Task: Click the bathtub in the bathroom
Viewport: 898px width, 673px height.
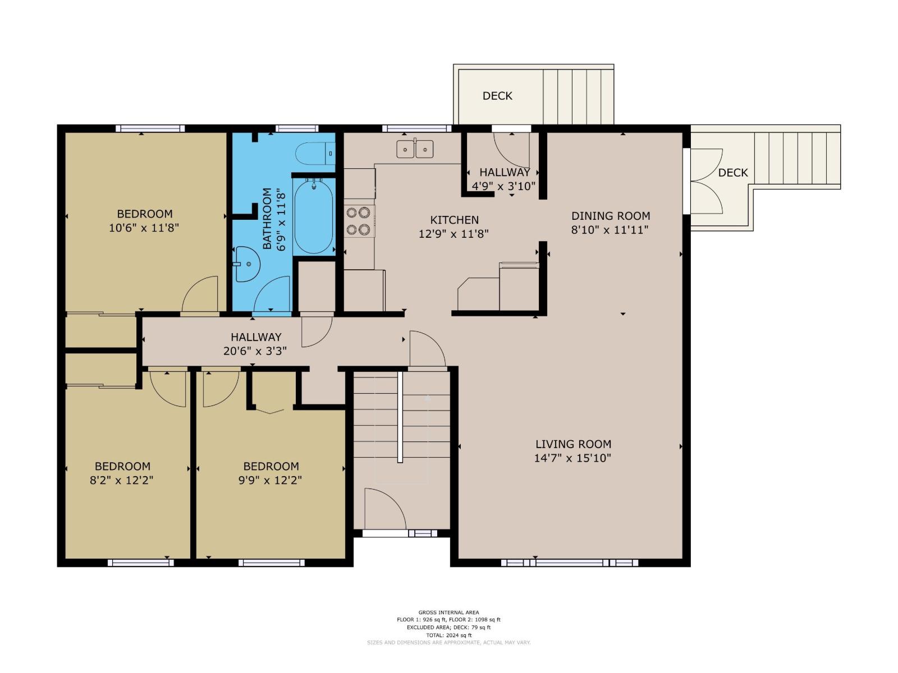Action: [x=313, y=217]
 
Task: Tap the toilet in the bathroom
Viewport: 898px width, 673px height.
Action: [x=315, y=153]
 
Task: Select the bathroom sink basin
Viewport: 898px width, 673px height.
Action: [x=247, y=264]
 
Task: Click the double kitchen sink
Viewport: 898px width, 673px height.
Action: [x=414, y=149]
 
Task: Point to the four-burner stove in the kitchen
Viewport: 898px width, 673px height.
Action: [x=359, y=221]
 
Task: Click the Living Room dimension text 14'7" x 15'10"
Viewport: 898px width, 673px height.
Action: [x=572, y=458]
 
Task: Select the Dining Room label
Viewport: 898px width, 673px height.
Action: [x=611, y=216]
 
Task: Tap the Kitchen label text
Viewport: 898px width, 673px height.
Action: [x=454, y=220]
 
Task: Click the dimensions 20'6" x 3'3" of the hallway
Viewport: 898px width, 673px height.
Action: [x=255, y=351]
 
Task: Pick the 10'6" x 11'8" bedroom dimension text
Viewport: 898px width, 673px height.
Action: [x=144, y=228]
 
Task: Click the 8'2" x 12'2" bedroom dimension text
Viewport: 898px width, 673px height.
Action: [x=121, y=480]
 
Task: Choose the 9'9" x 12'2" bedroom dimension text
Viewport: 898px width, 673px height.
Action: [x=270, y=480]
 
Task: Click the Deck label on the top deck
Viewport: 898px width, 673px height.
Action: [x=497, y=96]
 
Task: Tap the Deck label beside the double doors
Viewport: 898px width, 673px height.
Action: [x=733, y=173]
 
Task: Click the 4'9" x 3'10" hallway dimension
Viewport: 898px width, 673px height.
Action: [x=503, y=186]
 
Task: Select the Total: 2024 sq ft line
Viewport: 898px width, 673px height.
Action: [x=448, y=635]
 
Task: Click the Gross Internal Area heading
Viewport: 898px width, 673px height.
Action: [x=448, y=612]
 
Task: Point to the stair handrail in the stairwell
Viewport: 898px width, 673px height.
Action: [x=400, y=417]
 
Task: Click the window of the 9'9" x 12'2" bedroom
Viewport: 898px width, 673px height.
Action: [x=271, y=563]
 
